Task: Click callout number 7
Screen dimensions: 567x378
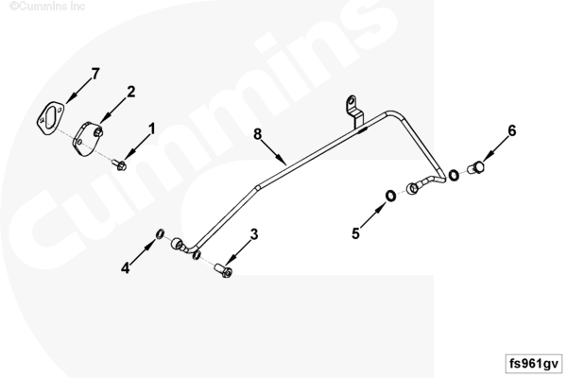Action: tap(95, 74)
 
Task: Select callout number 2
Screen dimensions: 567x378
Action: tap(131, 92)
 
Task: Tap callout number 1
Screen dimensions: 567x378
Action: tap(152, 129)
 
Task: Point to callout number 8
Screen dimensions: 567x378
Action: tap(257, 134)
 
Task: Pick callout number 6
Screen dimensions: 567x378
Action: tap(511, 130)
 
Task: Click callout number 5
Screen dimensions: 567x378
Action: tap(356, 233)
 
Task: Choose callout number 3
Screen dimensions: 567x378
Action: tap(254, 234)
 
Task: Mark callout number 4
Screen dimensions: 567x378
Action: tap(125, 268)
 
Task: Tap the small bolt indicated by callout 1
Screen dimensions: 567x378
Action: tap(120, 165)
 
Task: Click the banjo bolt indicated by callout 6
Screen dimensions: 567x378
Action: tap(476, 167)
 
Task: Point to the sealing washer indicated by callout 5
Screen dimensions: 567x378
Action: tap(390, 196)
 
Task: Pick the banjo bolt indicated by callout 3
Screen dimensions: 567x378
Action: tap(223, 270)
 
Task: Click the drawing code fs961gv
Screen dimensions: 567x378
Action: tap(534, 364)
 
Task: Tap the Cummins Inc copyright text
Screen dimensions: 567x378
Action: tap(47, 6)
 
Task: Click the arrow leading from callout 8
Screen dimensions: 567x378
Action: tap(273, 153)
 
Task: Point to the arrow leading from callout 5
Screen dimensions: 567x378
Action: tap(373, 215)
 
